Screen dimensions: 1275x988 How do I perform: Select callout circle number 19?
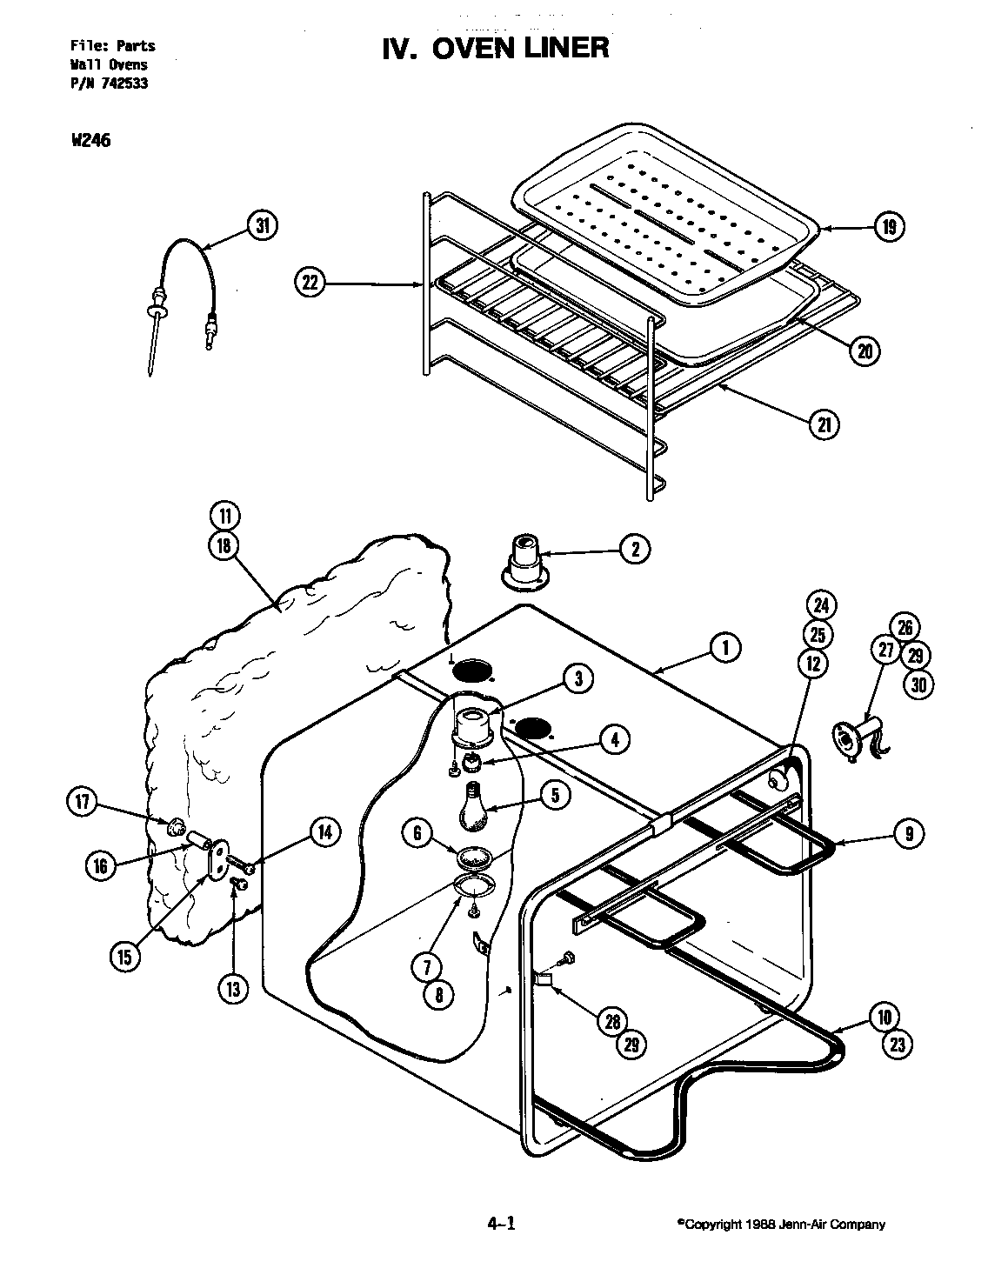pos(888,228)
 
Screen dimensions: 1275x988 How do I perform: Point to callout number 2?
pos(635,549)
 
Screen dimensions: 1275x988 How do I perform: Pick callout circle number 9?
pos(909,834)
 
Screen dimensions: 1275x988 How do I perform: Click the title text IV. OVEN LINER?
pos(496,47)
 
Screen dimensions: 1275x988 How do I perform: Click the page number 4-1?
pos(502,1225)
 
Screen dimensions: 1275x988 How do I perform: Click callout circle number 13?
pos(234,989)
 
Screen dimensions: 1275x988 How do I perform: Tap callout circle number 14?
pos(324,832)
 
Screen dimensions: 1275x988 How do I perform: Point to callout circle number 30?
pos(918,684)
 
